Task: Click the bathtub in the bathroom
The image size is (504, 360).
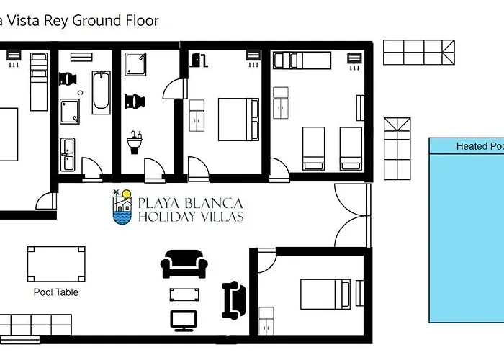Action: coord(102,93)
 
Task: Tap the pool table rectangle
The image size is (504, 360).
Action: coord(56,264)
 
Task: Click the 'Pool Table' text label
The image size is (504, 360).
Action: coord(56,292)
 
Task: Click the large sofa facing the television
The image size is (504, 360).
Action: coord(184,264)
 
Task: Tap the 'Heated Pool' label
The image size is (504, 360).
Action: coord(479,146)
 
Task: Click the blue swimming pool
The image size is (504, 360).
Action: coord(467,238)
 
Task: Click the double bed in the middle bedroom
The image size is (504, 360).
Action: coord(238,119)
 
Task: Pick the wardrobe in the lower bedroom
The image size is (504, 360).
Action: coord(266,321)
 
